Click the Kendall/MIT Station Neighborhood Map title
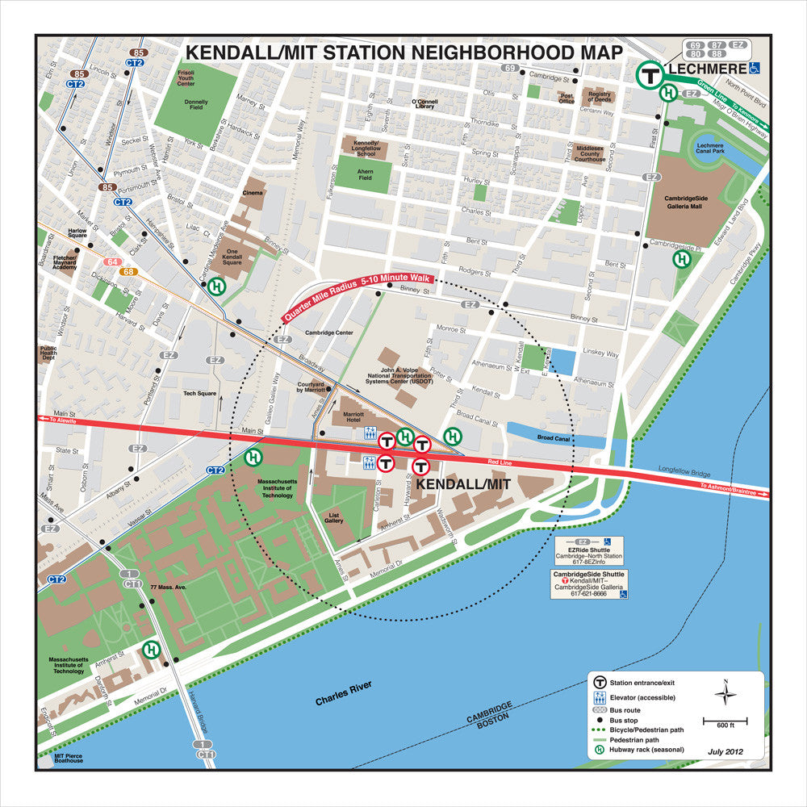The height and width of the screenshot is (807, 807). point(403,53)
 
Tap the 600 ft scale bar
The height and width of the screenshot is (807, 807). point(725,720)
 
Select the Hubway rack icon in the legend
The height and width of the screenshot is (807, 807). point(600,750)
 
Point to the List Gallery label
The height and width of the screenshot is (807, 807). point(334,518)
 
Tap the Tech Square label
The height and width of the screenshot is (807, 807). point(200,393)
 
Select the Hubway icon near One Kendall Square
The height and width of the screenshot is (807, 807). point(216,286)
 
